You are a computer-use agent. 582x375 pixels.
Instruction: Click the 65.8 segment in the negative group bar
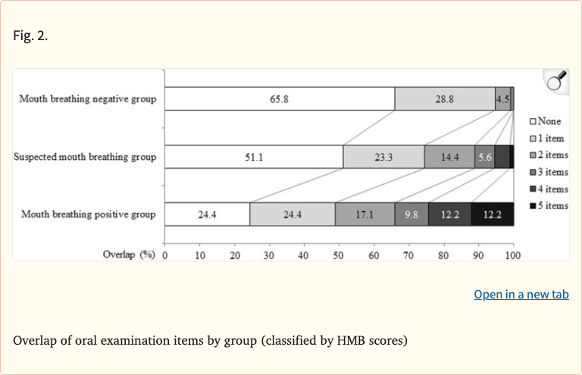tap(279, 98)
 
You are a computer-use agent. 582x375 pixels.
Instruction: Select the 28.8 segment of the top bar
tap(444, 98)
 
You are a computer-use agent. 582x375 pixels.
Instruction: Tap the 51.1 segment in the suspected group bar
tap(253, 157)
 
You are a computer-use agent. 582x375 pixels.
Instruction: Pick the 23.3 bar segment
tap(383, 157)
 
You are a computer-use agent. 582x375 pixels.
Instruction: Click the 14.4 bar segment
tap(449, 157)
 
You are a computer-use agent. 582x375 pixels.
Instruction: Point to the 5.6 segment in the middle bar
tap(484, 157)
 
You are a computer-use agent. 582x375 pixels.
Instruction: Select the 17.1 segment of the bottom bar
tap(365, 214)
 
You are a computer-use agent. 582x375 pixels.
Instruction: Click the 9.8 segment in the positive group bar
tap(411, 214)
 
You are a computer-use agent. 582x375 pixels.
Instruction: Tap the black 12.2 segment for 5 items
tap(493, 214)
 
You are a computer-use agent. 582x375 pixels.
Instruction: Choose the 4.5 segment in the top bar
tap(502, 98)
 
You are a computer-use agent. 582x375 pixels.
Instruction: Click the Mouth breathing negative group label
tap(87, 98)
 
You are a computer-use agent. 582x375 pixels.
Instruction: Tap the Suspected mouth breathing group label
tap(85, 157)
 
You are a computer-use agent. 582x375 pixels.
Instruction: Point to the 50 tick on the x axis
tap(339, 255)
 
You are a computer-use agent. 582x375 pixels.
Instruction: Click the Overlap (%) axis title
tap(129, 255)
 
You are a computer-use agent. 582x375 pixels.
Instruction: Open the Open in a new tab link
tap(521, 294)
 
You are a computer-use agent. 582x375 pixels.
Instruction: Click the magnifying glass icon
tap(556, 80)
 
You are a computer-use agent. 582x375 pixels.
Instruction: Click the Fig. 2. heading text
tap(30, 35)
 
